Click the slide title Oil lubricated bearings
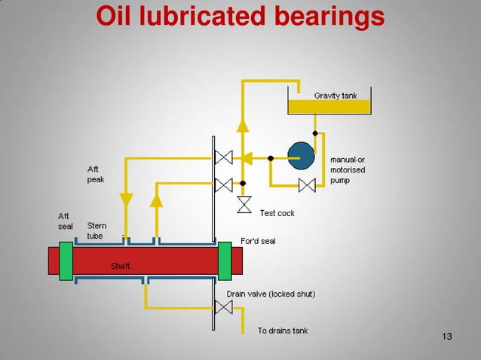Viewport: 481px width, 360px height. click(240, 16)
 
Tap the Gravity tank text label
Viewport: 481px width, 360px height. click(335, 96)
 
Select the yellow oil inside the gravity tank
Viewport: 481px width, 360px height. click(329, 108)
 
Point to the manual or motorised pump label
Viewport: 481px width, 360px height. click(348, 170)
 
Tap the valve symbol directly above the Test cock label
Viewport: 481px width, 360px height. click(244, 204)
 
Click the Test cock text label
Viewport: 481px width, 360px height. click(277, 213)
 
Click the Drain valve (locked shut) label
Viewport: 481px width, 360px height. click(271, 294)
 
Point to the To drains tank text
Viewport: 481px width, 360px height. click(282, 331)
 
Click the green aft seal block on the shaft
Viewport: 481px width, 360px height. click(66, 261)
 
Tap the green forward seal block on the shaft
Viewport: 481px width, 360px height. click(225, 261)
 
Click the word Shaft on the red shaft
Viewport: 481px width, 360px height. click(121, 266)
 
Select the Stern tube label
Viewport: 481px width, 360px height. click(97, 230)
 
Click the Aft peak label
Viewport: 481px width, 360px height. click(96, 175)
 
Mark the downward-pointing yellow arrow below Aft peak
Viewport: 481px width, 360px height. click(126, 200)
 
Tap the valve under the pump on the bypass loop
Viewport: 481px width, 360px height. click(307, 185)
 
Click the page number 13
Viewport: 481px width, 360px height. click(447, 335)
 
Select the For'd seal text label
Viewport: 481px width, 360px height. click(257, 241)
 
